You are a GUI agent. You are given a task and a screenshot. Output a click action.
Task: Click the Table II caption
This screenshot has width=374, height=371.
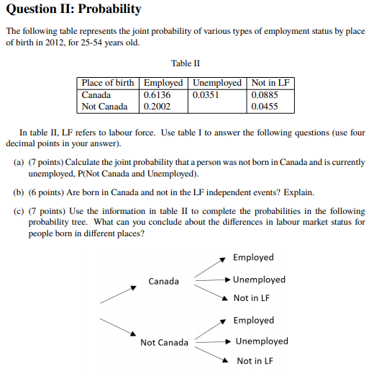[x=186, y=65]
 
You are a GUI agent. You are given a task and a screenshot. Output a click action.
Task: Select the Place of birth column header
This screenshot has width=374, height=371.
[x=107, y=83]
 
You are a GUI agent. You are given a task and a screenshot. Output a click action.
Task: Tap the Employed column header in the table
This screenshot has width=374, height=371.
[x=163, y=83]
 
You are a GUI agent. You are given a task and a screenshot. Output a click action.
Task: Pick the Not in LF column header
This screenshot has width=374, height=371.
[x=270, y=83]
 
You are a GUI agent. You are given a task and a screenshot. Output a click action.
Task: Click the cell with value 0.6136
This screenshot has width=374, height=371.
[x=157, y=94]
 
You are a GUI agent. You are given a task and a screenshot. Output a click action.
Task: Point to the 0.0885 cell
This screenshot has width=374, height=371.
[x=265, y=94]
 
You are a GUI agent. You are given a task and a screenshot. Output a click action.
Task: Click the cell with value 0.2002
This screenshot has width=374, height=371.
[x=157, y=107]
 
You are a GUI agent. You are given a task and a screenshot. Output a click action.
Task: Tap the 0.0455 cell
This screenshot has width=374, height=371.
[x=265, y=107]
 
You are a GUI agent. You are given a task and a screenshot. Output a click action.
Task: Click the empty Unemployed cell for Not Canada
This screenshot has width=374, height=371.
[x=217, y=107]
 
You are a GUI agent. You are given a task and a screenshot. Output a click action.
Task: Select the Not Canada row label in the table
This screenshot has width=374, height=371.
[x=105, y=107]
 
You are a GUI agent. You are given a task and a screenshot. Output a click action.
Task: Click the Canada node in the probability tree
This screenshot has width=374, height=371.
[x=163, y=281]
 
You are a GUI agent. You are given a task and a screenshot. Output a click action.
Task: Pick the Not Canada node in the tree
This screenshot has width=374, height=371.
[x=164, y=342]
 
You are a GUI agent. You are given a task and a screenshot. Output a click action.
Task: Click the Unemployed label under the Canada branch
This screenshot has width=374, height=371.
[x=259, y=280]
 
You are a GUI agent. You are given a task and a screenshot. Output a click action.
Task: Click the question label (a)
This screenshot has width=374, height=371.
[x=19, y=162]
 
